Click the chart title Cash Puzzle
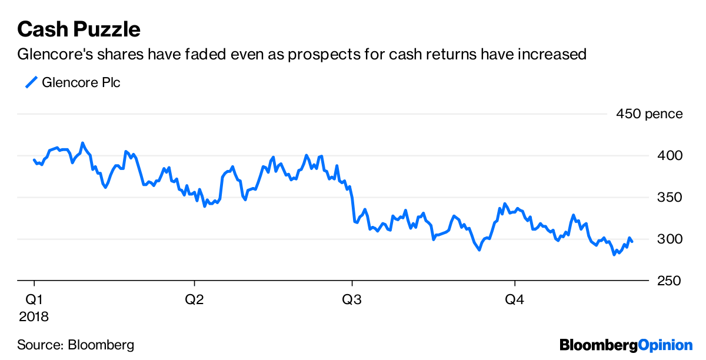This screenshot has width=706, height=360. (x=79, y=29)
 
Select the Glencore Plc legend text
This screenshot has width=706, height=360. (x=81, y=82)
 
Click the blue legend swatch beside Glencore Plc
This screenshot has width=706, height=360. (x=31, y=82)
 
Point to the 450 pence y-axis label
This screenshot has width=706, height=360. (x=650, y=114)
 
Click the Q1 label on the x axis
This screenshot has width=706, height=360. (x=34, y=299)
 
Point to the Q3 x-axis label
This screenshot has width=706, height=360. (x=352, y=299)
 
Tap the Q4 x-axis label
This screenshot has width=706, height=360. (x=515, y=299)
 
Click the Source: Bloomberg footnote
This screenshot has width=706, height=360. (x=75, y=345)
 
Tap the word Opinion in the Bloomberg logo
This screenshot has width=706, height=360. (x=665, y=345)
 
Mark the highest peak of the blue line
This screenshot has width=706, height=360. (x=83, y=143)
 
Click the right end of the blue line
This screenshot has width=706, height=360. (x=632, y=242)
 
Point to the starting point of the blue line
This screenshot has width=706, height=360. (x=34, y=159)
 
